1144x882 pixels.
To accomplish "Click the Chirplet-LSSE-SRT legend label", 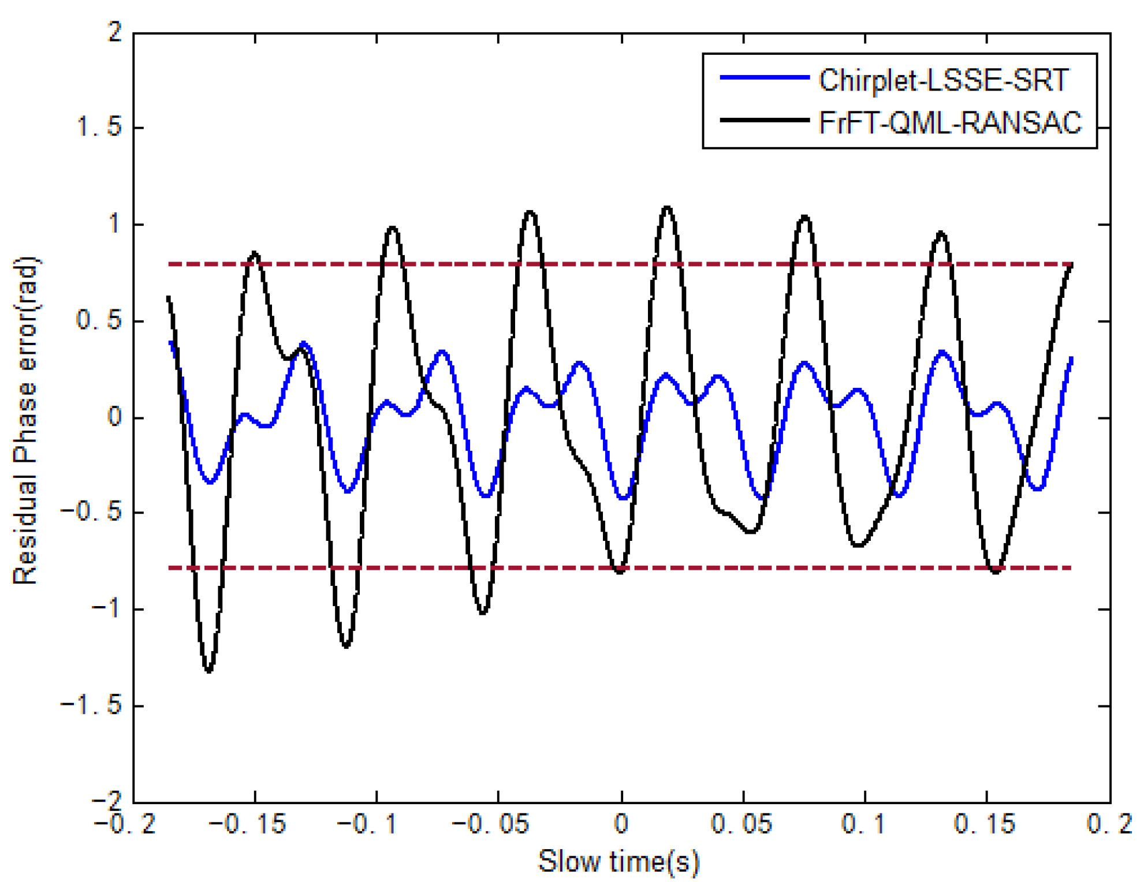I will click(944, 80).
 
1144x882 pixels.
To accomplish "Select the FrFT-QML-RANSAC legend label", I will click(950, 122).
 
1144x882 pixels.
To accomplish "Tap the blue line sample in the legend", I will click(764, 77).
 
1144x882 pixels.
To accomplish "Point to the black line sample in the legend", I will click(764, 120).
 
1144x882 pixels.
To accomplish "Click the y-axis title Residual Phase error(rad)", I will click(25, 420).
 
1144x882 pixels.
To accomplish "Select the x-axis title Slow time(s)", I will click(619, 862).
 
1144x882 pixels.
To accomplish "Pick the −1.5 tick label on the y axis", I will click(91, 705).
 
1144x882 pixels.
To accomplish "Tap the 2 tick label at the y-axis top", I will click(115, 31).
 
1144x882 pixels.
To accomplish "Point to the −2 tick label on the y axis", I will click(107, 799).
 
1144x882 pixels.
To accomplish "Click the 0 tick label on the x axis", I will click(621, 824).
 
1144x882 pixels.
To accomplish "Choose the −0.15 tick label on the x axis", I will click(248, 824).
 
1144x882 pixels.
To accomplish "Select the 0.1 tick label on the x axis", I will click(863, 824).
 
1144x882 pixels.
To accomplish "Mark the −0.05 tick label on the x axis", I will click(491, 824).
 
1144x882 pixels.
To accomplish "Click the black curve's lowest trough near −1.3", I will click(208, 671).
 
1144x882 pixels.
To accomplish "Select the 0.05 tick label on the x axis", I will click(741, 824).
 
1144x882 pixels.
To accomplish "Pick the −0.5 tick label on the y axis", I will click(91, 512).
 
